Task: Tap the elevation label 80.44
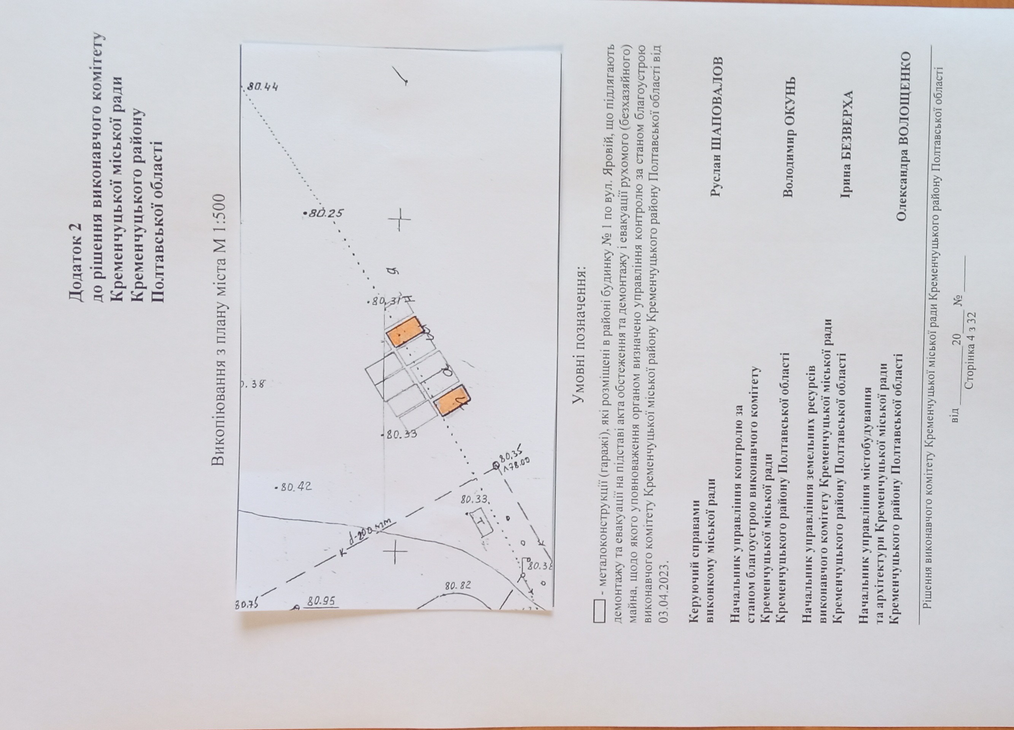coord(263,87)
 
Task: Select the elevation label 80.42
coord(294,487)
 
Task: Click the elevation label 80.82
coord(458,585)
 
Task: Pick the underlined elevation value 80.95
coord(321,601)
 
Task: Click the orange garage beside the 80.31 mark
coord(404,331)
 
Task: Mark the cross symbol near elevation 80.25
coord(399,219)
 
